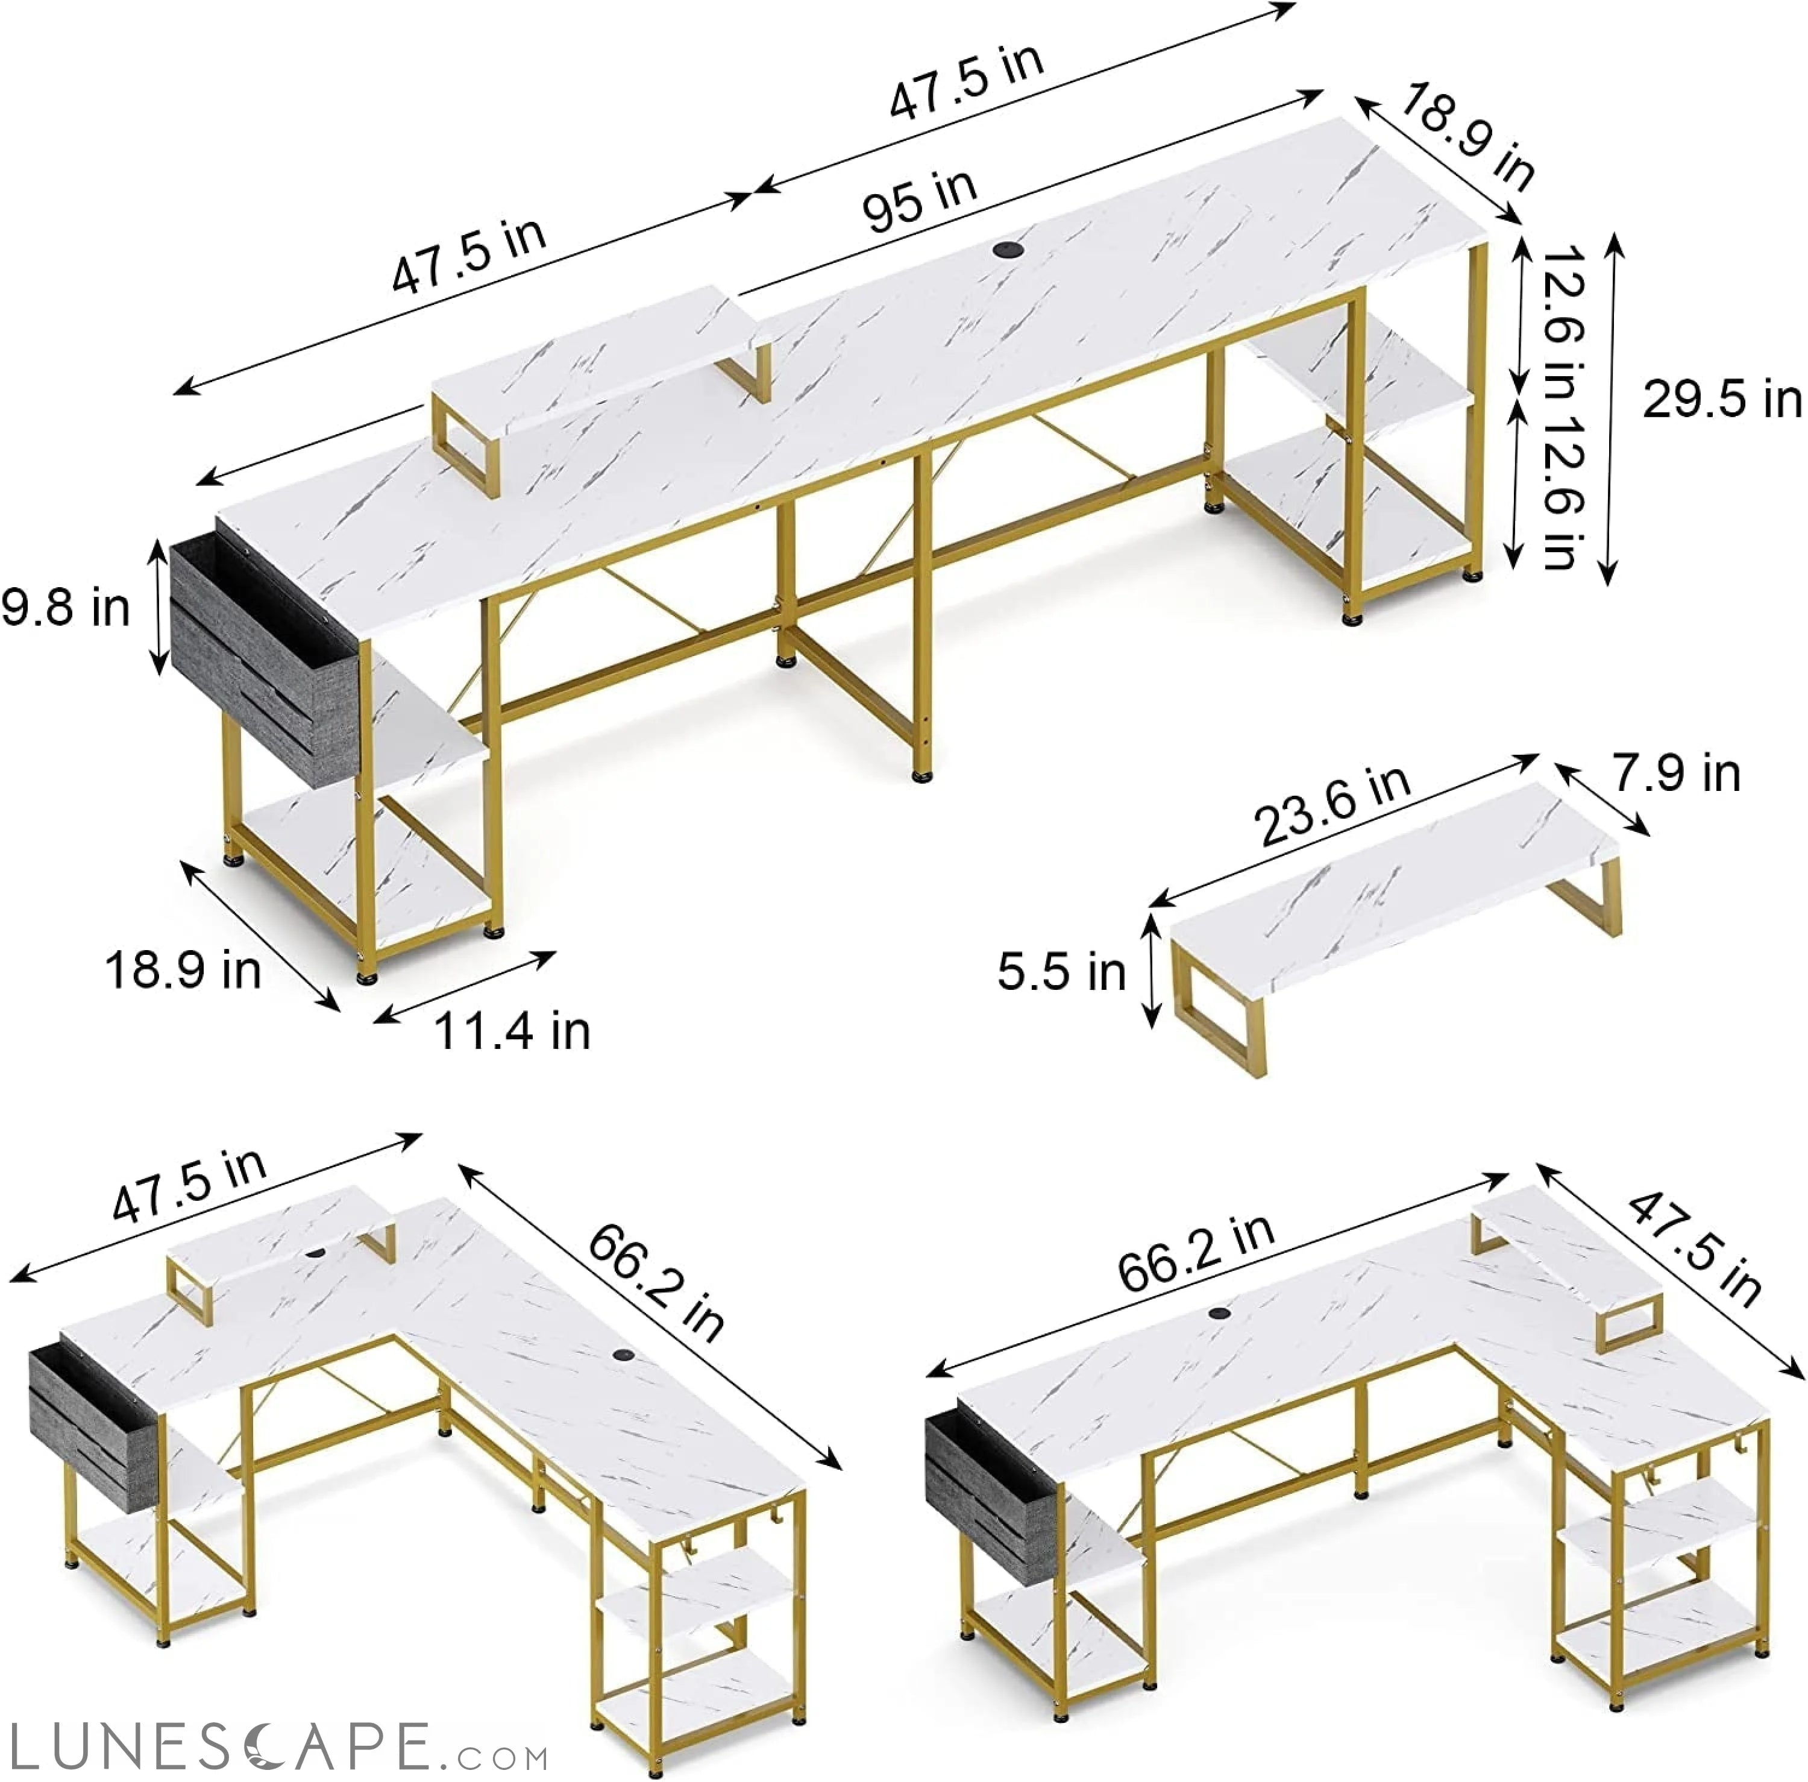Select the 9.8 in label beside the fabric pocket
point(66,608)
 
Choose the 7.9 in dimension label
point(1675,773)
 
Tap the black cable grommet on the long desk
point(1007,250)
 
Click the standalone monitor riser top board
point(1395,884)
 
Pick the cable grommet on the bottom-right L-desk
point(1219,1313)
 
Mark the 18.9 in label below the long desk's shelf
point(183,969)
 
